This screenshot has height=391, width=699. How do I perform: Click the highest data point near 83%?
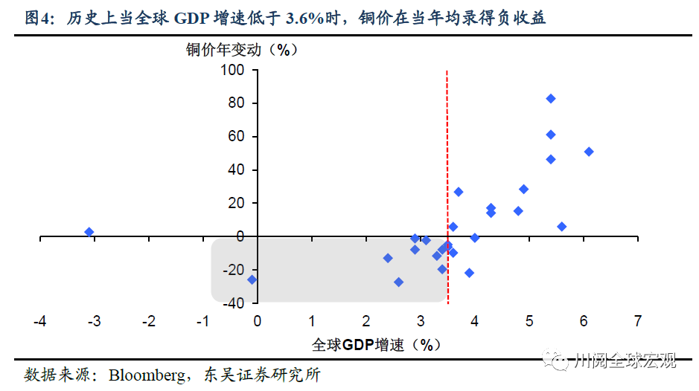click(551, 98)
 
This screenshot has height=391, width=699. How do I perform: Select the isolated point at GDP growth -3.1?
click(89, 232)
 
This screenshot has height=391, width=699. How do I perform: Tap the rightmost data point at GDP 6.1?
click(589, 152)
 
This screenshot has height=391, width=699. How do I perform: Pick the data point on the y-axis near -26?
click(252, 279)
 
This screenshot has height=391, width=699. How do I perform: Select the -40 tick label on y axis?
click(233, 303)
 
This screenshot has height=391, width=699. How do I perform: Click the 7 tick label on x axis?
click(637, 321)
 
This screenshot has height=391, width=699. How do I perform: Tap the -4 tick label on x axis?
click(39, 321)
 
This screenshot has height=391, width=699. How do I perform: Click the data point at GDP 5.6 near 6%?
click(561, 227)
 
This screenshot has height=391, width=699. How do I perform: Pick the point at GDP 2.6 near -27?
click(399, 282)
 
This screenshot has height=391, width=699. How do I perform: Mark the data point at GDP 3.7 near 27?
click(459, 192)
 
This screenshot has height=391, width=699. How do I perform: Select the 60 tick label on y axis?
click(237, 137)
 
